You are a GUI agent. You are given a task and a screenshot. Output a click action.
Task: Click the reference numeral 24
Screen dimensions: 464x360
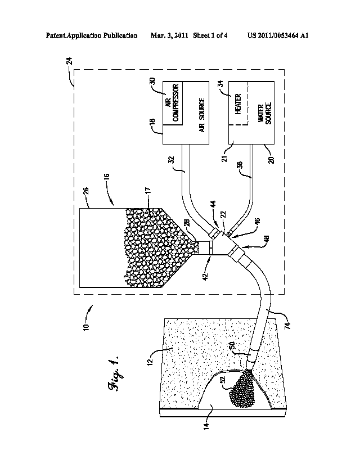pos(68,74)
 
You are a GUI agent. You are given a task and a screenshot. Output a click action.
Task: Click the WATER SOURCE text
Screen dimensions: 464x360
pos(264,114)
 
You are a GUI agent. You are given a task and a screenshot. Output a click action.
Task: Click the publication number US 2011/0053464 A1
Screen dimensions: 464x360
pos(278,35)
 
